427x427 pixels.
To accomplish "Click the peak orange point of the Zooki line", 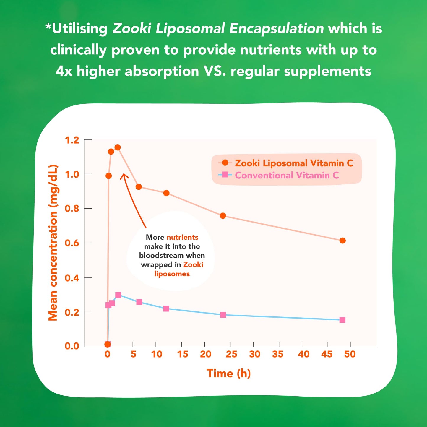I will (118, 147).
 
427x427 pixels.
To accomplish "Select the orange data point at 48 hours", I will (342, 241).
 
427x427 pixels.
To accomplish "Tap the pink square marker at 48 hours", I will (342, 320).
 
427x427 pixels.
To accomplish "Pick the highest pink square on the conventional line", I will (118, 295).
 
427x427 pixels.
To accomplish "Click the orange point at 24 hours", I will (223, 216).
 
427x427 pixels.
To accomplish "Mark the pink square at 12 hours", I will (166, 309).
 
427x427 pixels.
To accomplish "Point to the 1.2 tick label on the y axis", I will (72, 140).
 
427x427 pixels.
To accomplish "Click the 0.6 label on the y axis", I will (72, 243).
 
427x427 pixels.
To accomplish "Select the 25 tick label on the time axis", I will (231, 354).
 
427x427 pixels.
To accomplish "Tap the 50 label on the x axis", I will (350, 354).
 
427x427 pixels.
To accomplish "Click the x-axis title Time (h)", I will (228, 373).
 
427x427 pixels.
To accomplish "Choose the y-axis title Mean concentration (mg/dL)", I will (53, 242).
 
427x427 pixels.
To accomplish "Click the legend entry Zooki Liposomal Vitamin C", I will (294, 163).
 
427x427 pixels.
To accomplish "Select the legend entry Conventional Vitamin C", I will (287, 175).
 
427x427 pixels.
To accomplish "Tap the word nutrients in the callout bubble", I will (182, 237).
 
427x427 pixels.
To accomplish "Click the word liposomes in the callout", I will (172, 274).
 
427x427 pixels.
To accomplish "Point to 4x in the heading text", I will (64, 71).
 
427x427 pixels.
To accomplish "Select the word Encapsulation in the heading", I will (277, 29).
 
